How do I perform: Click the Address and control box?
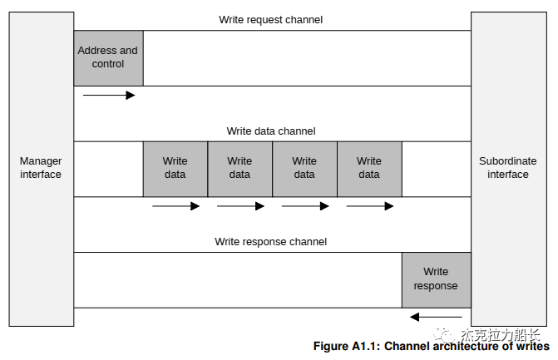pyautogui.click(x=108, y=57)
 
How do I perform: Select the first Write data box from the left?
pyautogui.click(x=175, y=168)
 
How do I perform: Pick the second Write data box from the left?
pyautogui.click(x=239, y=168)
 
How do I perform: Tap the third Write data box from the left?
pyautogui.click(x=304, y=168)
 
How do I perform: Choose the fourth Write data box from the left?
pyautogui.click(x=369, y=168)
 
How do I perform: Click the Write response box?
pyautogui.click(x=436, y=279)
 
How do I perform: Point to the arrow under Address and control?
pyautogui.click(x=109, y=96)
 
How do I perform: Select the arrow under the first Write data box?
pyautogui.click(x=175, y=206)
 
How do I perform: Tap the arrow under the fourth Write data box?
pyautogui.click(x=370, y=206)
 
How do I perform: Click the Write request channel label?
pyautogui.click(x=271, y=19)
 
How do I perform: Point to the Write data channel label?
pyautogui.click(x=271, y=131)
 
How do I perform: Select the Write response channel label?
pyautogui.click(x=271, y=242)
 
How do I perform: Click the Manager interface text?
pyautogui.click(x=41, y=168)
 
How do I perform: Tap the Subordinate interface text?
pyautogui.click(x=507, y=168)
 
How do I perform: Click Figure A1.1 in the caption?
pyautogui.click(x=345, y=347)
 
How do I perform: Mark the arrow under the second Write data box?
pyautogui.click(x=240, y=206)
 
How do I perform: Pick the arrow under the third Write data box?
pyautogui.click(x=305, y=206)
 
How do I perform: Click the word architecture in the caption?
pyautogui.click(x=468, y=347)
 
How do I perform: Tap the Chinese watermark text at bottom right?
pyautogui.click(x=499, y=335)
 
